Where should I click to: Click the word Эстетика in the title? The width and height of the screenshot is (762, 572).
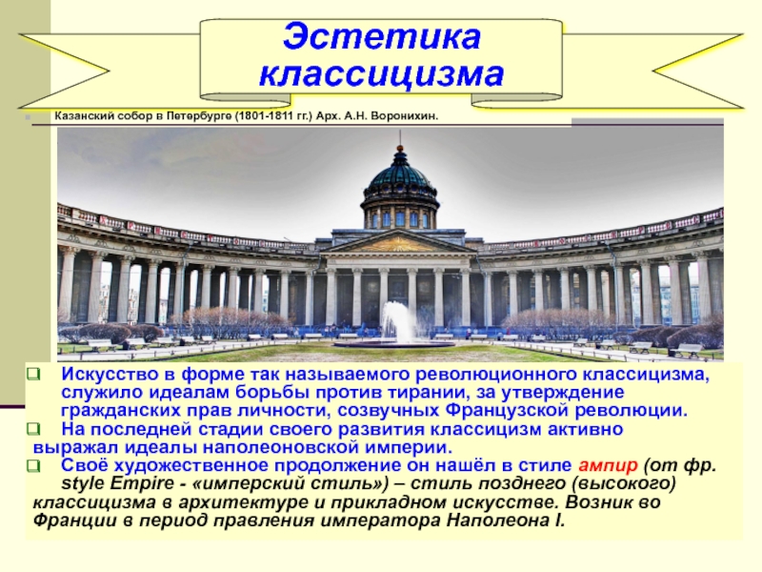[x=382, y=37]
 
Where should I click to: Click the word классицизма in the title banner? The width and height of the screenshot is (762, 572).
[x=382, y=74]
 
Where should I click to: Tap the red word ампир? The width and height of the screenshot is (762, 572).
[x=608, y=466]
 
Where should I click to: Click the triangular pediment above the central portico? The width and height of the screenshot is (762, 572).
[x=399, y=243]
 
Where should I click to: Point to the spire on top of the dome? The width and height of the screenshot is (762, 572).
[x=400, y=140]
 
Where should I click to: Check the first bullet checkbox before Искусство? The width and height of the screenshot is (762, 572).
[x=33, y=374]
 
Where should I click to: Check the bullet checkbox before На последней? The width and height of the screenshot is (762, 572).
[x=33, y=429]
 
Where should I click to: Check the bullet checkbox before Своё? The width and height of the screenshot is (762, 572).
[x=33, y=466]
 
